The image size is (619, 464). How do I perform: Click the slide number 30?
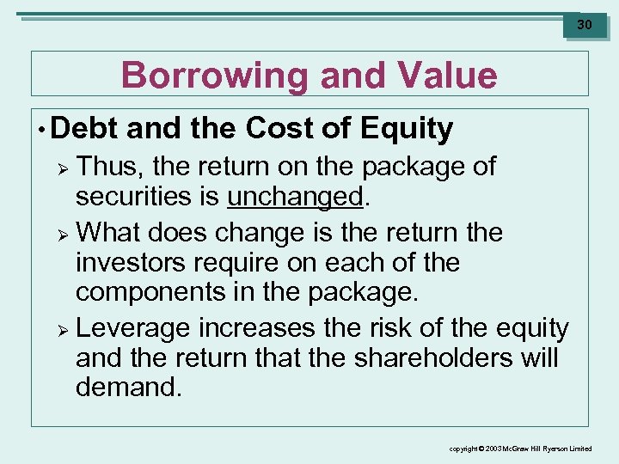585,25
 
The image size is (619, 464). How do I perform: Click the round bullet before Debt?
41,129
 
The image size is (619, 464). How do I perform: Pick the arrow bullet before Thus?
59,167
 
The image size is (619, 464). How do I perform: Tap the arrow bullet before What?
59,233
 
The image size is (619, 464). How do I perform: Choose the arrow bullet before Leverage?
59,329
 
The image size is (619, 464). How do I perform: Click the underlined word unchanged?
296,197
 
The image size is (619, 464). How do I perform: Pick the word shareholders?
408,357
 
